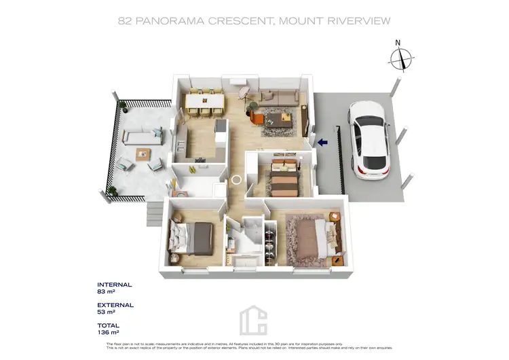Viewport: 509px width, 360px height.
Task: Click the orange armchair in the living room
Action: click(257, 117)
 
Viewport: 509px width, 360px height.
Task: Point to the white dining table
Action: click(204, 99)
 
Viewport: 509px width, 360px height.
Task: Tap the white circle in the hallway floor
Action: click(237, 180)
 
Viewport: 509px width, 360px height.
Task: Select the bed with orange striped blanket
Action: click(280, 177)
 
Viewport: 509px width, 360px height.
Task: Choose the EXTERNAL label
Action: click(115, 305)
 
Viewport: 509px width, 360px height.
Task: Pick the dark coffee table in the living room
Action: click(279, 121)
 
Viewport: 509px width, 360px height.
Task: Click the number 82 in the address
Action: click(126, 21)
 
